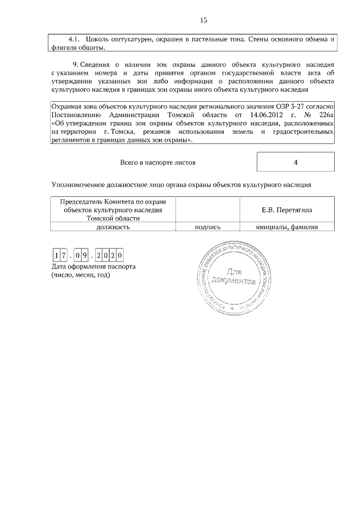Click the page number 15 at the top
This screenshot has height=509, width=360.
click(x=204, y=20)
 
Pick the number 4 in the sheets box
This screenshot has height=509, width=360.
click(x=295, y=162)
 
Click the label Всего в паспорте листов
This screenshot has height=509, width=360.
click(x=158, y=162)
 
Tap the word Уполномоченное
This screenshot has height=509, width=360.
click(x=78, y=184)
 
